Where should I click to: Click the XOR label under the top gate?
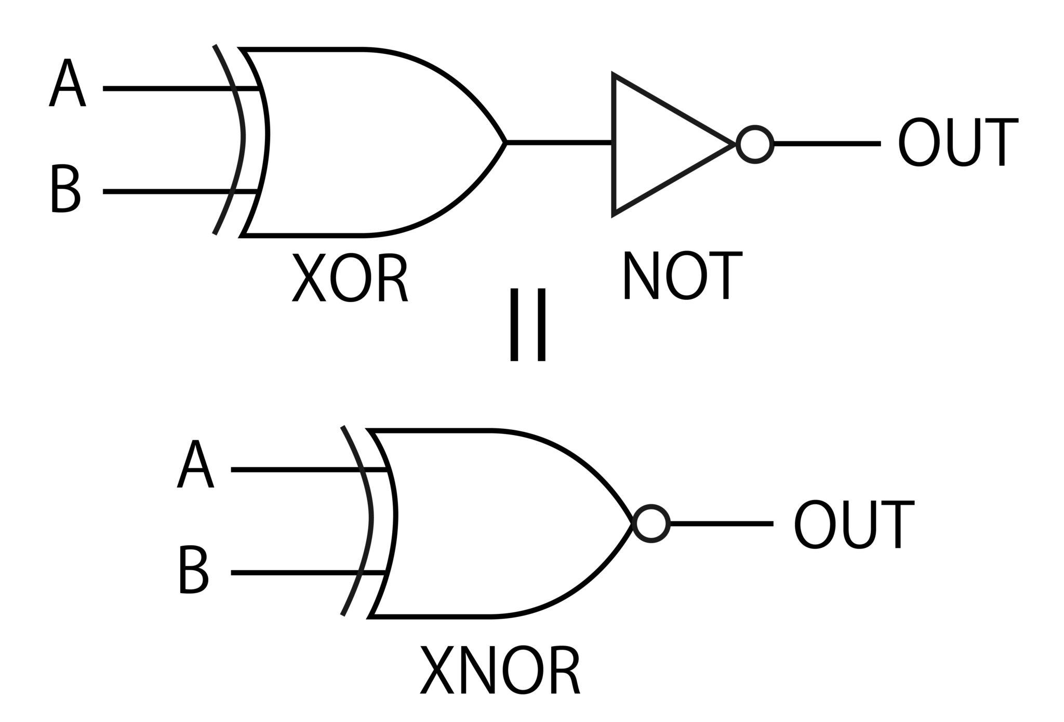[x=350, y=278]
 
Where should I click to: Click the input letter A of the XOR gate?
[x=67, y=83]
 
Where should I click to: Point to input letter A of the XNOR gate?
[x=195, y=464]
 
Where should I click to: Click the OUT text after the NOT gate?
[x=958, y=142]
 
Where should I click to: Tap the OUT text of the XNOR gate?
[x=854, y=524]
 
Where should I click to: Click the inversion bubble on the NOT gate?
[x=755, y=144]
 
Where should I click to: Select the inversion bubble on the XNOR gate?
[x=651, y=523]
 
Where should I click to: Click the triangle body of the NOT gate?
[x=660, y=144]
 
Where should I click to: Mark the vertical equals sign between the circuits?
[x=527, y=325]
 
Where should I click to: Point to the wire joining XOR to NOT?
[x=559, y=142]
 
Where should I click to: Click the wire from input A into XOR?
[x=166, y=89]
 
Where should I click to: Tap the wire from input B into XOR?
[x=166, y=192]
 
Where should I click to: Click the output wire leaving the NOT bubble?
[x=826, y=143]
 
